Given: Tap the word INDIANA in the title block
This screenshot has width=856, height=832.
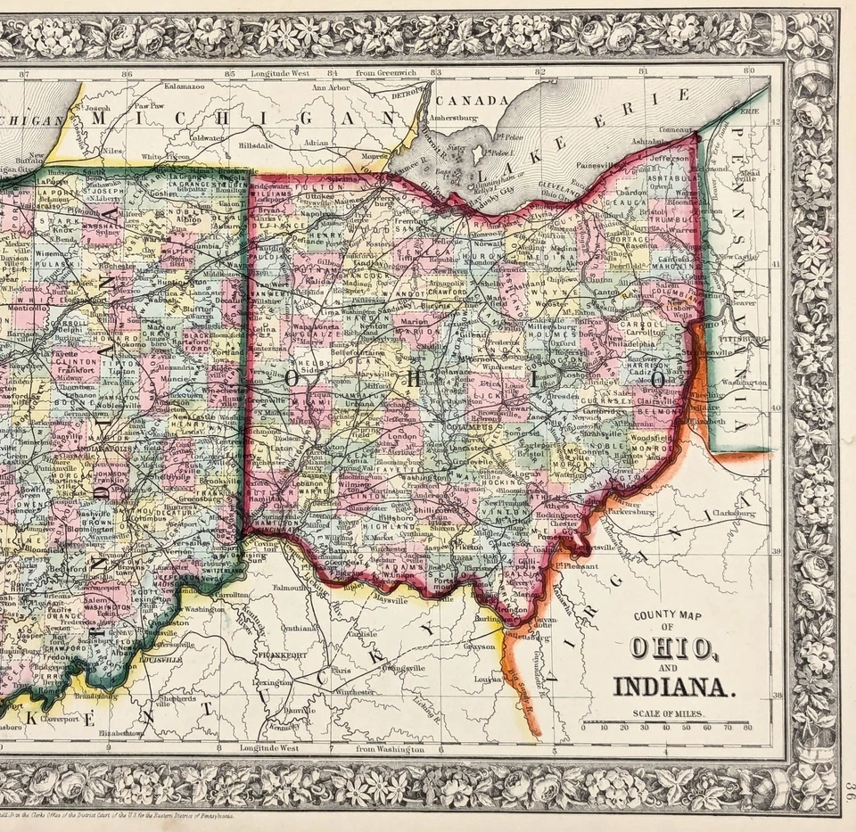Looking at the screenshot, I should click(674, 687).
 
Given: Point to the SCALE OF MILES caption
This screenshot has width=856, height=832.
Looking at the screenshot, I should click(667, 713).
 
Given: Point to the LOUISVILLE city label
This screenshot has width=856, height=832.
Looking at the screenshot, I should click(160, 660).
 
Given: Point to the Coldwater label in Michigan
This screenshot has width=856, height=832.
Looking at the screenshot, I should click(206, 138).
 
